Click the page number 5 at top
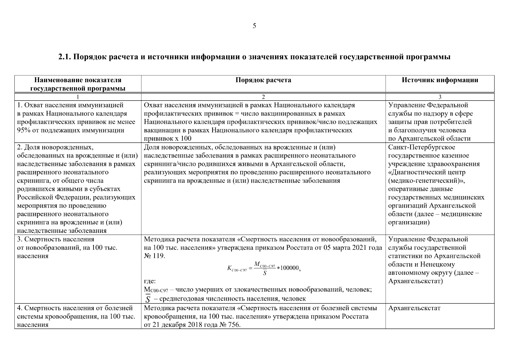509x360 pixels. coord(254,26)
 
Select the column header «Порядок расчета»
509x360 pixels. coord(263,80)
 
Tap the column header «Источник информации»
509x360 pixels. coord(440,80)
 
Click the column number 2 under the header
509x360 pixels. coord(263,97)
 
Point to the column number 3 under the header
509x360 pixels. coord(440,97)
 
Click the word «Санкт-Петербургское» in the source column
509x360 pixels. coord(421,147)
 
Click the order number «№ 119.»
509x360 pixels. coord(154,256)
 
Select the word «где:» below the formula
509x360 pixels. coord(150,281)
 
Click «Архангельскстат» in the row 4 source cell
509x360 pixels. coord(414,308)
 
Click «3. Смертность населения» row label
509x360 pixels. coord(55,239)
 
